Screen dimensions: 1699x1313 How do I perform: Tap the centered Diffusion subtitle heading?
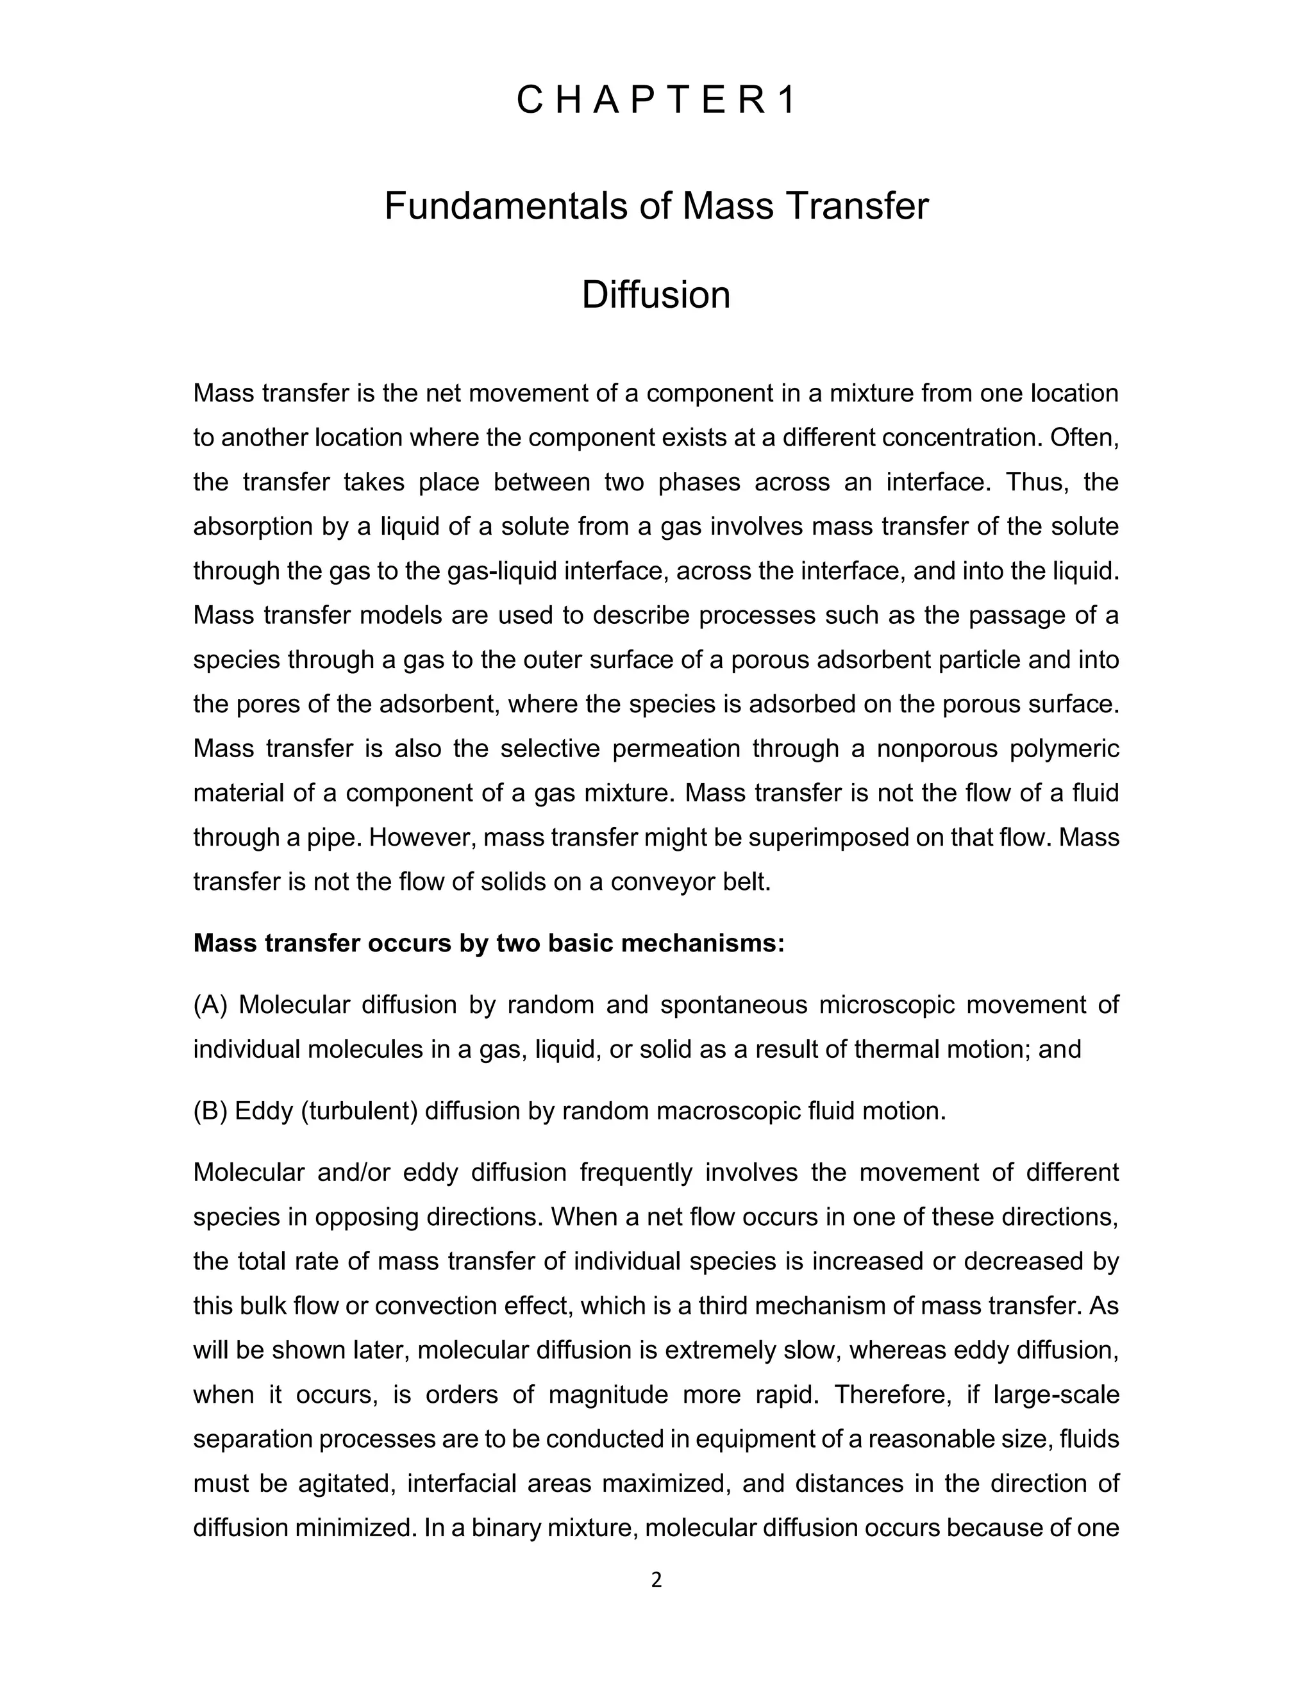pos(656,295)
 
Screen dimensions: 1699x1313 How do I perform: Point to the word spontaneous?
pos(733,1005)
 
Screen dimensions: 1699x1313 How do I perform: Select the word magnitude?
pos(608,1394)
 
